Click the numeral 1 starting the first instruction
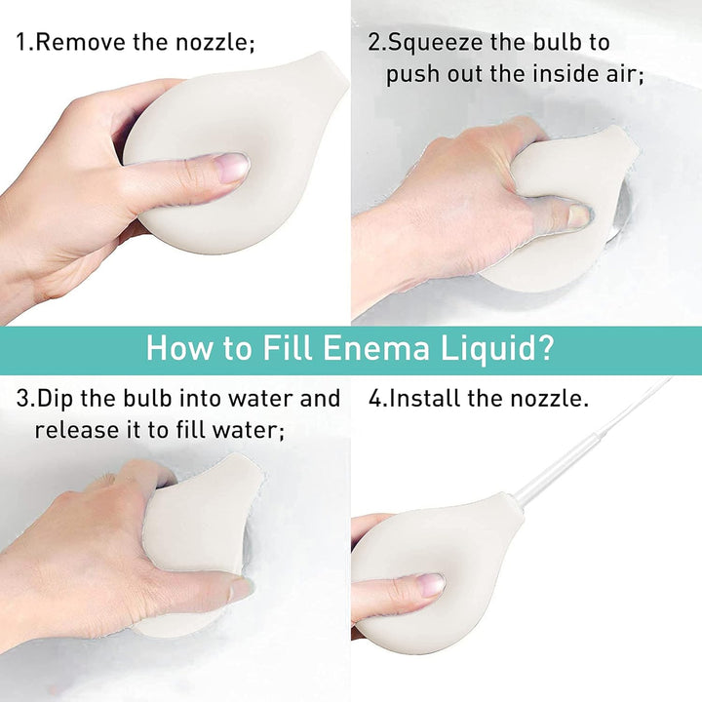[x=20, y=43]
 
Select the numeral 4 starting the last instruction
[x=374, y=399]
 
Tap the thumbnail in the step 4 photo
[x=429, y=585]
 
